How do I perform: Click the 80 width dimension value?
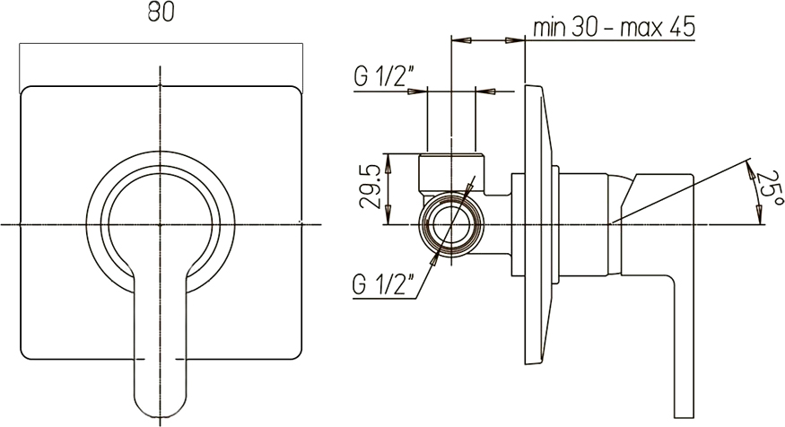coord(161,13)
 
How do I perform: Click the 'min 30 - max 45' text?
coord(614,27)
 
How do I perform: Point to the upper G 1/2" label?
coord(383,76)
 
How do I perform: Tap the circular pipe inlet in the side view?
coord(452,225)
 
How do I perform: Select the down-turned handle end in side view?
coord(684,345)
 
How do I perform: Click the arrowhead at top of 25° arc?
coord(750,170)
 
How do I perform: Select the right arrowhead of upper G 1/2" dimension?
coord(484,91)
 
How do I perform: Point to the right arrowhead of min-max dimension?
coord(514,39)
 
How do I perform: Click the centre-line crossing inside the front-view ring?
coord(161,225)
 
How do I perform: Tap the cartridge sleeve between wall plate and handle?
coord(583,225)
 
